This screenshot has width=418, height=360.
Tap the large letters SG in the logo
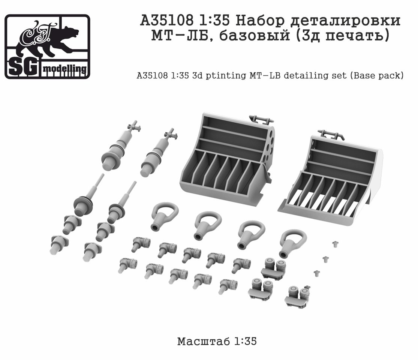[23, 68]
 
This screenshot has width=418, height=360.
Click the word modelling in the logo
[65, 69]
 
